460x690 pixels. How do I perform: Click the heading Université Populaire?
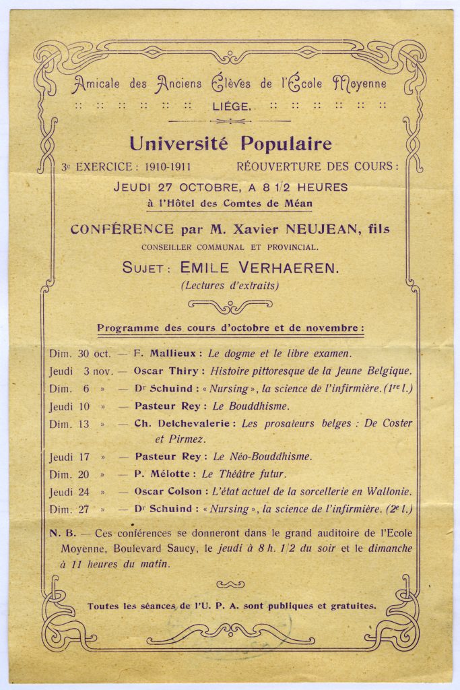point(230,144)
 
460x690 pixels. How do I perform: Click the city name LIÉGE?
point(231,106)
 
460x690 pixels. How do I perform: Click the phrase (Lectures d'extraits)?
point(229,286)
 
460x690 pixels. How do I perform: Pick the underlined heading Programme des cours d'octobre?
point(230,328)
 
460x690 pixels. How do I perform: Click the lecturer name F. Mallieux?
point(165,352)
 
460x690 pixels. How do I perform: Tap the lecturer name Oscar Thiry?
point(166,371)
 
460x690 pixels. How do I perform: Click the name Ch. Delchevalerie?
point(166,423)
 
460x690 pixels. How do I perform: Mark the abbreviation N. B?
point(61,532)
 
